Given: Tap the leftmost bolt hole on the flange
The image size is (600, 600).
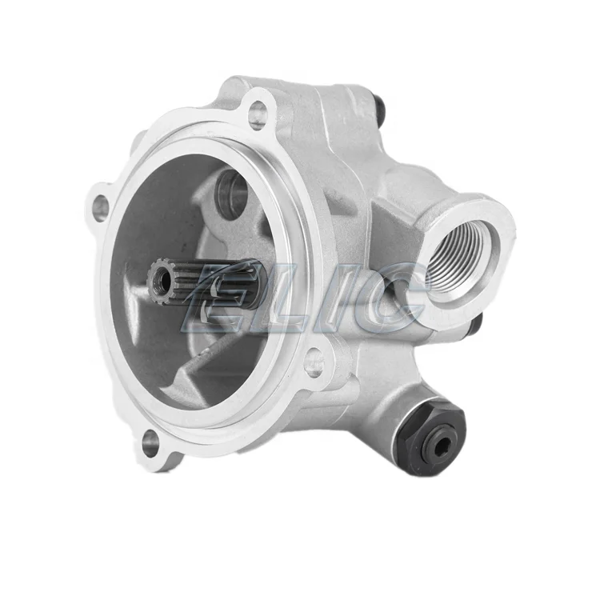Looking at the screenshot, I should [x=101, y=207].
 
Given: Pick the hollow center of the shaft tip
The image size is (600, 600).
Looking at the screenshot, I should [x=162, y=281].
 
